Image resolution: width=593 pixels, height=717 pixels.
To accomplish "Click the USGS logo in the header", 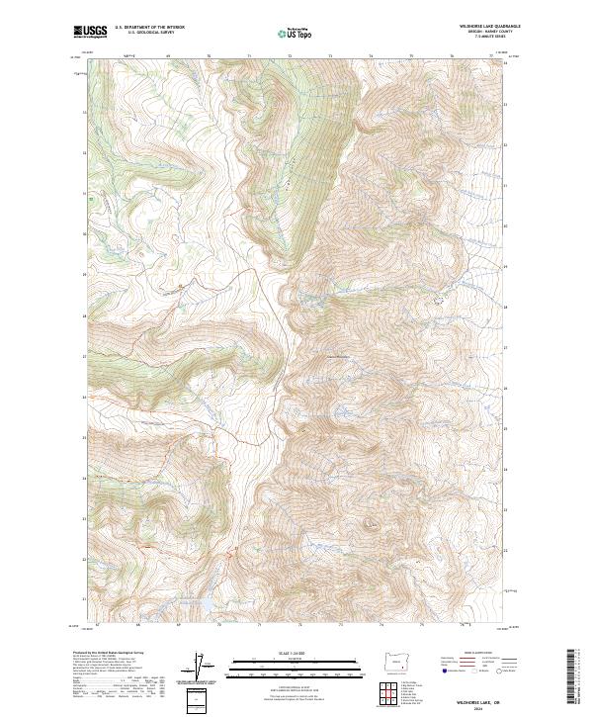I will click(88, 33).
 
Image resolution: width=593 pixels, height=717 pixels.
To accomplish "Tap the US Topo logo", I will click(296, 35).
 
